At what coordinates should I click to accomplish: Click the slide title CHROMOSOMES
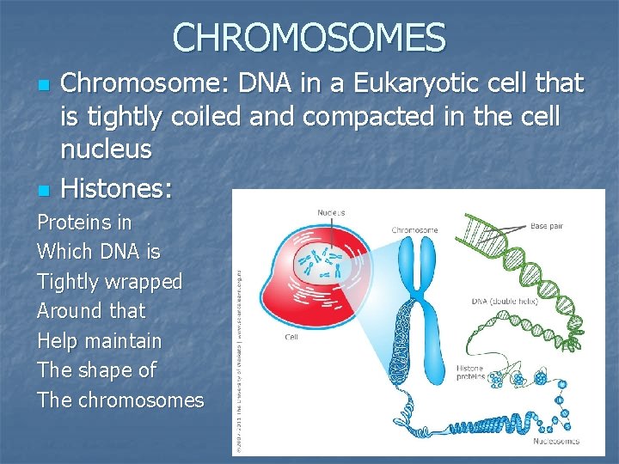point(309,37)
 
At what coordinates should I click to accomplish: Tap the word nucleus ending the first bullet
point(106,149)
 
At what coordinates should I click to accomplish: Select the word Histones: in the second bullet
point(118,186)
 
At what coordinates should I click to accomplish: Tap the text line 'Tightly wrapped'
point(110,282)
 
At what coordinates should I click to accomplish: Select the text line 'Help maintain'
point(100,341)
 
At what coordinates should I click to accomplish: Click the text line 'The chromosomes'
point(120,400)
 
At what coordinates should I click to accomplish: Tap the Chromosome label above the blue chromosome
point(415,230)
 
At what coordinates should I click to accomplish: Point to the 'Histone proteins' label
point(470,373)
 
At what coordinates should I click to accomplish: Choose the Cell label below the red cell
point(291,337)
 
